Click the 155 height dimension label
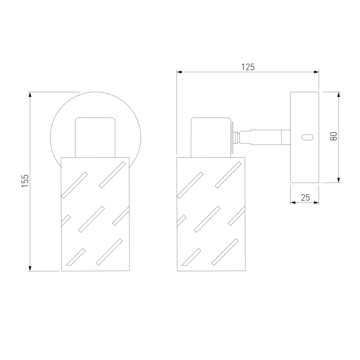25,181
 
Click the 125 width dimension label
248,67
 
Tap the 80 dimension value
334,136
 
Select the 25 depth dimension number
305,197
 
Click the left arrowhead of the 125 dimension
179,72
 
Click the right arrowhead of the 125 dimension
316,72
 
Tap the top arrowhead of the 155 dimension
30,94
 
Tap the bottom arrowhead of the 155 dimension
30,268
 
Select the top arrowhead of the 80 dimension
338,94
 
